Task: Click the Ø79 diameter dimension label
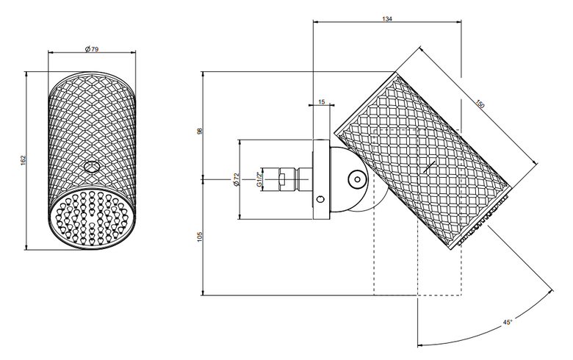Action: click(91, 48)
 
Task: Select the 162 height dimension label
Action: click(23, 160)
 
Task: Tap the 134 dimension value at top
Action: click(387, 18)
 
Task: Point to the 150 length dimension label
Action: click(480, 104)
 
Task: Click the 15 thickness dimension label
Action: click(321, 102)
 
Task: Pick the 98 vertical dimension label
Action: click(200, 131)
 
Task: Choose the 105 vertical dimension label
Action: click(200, 237)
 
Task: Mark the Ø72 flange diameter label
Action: click(236, 179)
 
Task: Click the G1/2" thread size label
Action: click(259, 179)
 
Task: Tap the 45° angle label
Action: click(508, 322)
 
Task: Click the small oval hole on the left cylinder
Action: click(91, 167)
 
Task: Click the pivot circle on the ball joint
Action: click(357, 179)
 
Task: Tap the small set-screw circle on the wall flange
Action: click(321, 199)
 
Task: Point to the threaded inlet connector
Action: click(288, 179)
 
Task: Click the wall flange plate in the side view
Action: click(322, 179)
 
